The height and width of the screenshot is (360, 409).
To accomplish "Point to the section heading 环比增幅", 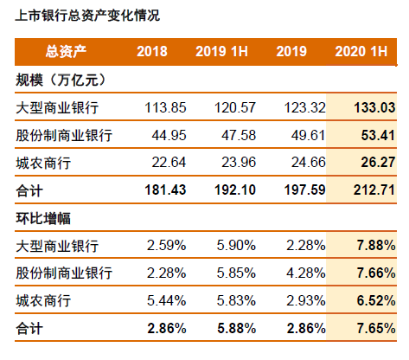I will (44, 218).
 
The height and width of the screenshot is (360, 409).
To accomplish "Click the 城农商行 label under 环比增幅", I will (44, 301).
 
